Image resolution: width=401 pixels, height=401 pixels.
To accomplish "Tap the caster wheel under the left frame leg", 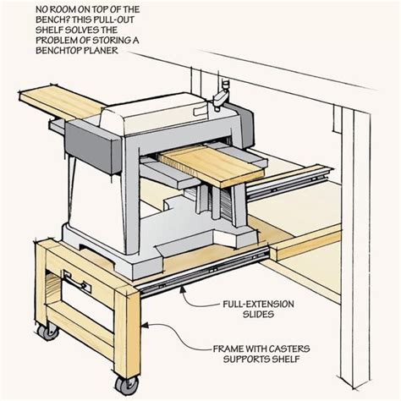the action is pyautogui.click(x=48, y=331).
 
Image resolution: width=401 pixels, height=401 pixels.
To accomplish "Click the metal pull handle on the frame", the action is pyautogui.click(x=76, y=282).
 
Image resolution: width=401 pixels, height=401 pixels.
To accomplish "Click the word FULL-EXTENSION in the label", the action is pyautogui.click(x=258, y=305).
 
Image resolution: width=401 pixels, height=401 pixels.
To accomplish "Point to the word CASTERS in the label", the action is pyautogui.click(x=289, y=349).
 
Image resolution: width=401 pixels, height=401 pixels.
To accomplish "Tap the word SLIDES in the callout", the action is pyautogui.click(x=258, y=314).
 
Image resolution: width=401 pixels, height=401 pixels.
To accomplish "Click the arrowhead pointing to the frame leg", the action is pyautogui.click(x=145, y=326).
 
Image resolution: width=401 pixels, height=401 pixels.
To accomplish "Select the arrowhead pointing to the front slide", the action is pyautogui.click(x=183, y=288).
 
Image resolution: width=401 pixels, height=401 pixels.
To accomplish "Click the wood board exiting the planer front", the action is pyautogui.click(x=211, y=165).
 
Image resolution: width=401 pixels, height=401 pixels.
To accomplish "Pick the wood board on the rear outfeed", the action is pyautogui.click(x=61, y=102).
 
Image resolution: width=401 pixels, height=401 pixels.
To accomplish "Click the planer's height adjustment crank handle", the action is pyautogui.click(x=221, y=95).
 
